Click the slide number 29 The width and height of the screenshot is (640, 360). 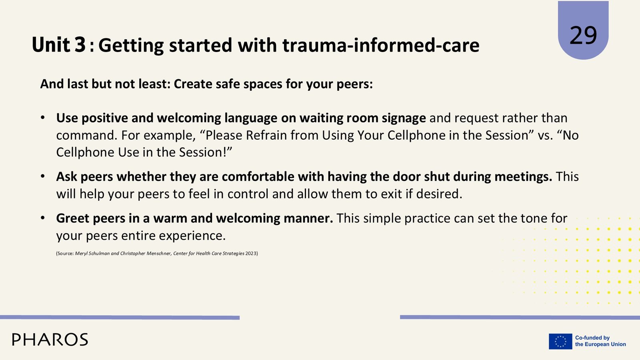pos(583,36)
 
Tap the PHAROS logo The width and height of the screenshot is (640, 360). pos(50,340)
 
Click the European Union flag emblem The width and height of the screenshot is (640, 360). pos(560,341)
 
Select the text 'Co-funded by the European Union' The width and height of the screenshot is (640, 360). pos(600,341)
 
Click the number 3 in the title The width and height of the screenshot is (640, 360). pos(80,44)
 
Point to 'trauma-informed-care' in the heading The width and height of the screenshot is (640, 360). pos(381,45)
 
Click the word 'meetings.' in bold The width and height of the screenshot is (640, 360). pos(523,177)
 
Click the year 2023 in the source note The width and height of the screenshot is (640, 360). pos(251,254)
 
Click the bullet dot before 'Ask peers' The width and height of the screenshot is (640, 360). pos(42,176)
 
